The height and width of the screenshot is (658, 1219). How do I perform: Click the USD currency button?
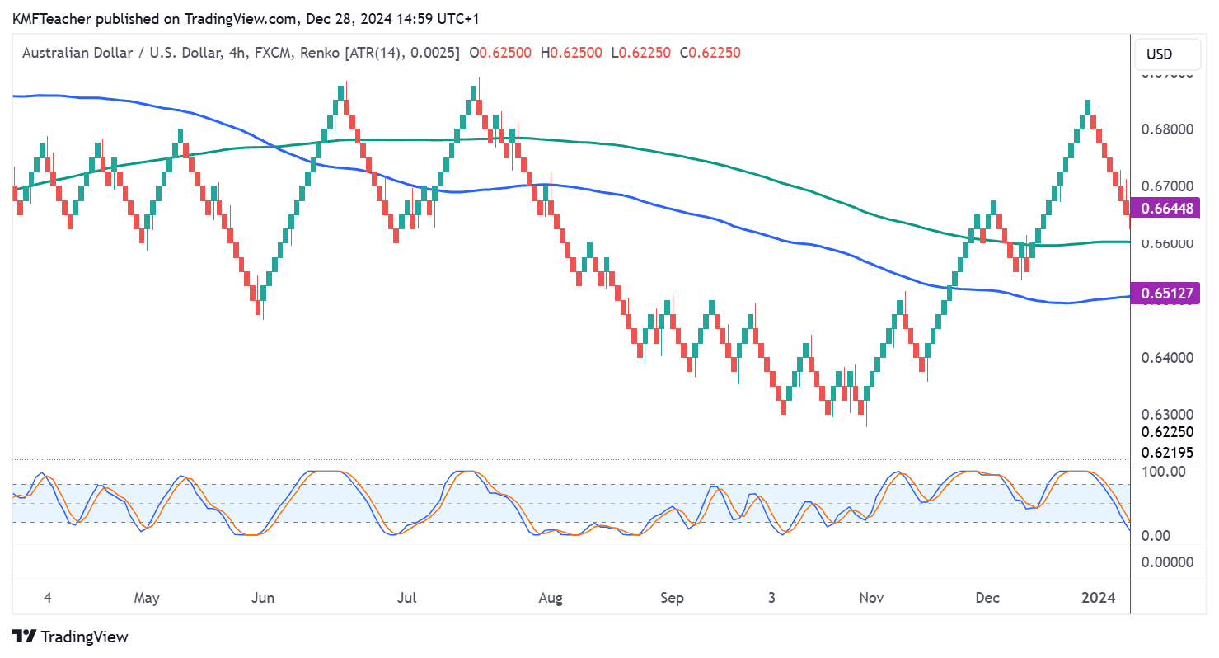click(1159, 54)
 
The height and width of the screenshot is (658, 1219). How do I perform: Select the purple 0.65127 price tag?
click(1164, 293)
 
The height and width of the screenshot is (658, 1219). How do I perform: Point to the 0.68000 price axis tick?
click(1166, 129)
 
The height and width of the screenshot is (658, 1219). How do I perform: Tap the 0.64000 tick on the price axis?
click(1166, 358)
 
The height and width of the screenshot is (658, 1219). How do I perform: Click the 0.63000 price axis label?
click(1166, 415)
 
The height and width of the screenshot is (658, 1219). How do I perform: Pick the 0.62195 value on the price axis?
click(1166, 452)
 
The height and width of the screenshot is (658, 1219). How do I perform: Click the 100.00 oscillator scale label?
click(1163, 472)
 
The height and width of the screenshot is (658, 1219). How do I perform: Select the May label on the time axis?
click(147, 598)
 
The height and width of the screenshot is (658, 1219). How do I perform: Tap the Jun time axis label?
click(262, 598)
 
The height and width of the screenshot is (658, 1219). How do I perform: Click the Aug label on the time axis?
click(550, 598)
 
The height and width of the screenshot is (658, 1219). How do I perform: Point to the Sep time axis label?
click(672, 598)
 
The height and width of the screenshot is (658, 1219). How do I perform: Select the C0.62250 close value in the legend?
click(710, 53)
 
